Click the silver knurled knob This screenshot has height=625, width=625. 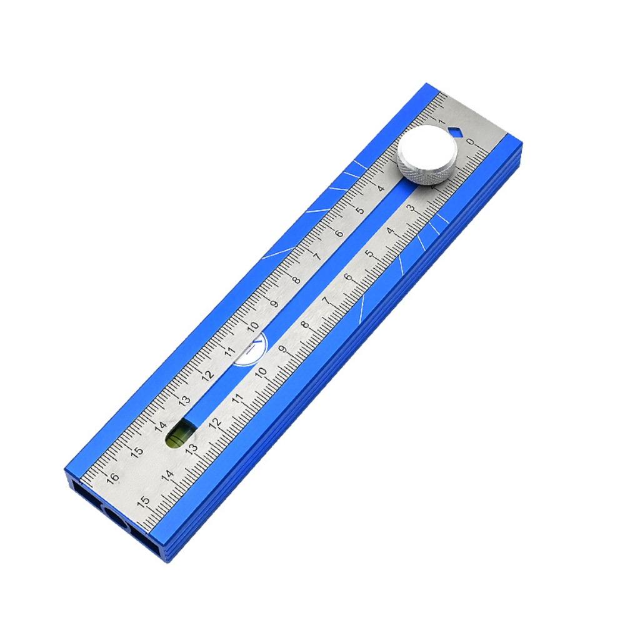pyautogui.click(x=427, y=157)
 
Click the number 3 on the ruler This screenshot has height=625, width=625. pyautogui.click(x=411, y=208)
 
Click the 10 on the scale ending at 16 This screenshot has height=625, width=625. pyautogui.click(x=252, y=327)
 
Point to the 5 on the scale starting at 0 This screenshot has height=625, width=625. pyautogui.click(x=369, y=254)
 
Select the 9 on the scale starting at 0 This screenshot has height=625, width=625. pyautogui.click(x=282, y=350)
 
